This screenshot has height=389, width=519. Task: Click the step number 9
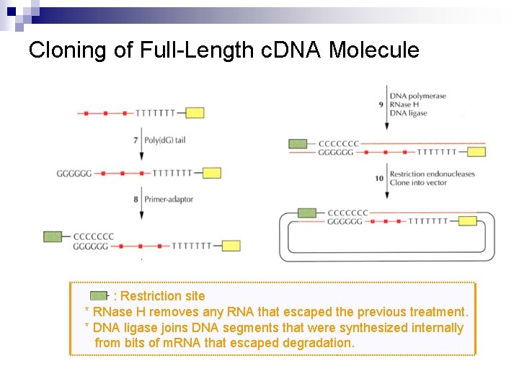point(381,104)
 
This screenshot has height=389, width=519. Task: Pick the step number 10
point(379,179)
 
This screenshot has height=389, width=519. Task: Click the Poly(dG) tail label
point(164,140)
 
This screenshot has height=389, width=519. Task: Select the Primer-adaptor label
point(169,199)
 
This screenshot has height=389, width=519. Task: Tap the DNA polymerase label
point(417,96)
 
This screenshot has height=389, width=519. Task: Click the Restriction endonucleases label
point(432,174)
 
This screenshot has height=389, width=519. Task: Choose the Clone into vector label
point(418,183)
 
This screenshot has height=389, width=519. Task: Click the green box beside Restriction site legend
point(99,296)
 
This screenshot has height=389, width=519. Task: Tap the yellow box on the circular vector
point(467,221)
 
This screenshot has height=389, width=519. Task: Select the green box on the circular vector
point(307,213)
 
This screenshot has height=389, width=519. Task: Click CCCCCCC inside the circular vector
point(347,213)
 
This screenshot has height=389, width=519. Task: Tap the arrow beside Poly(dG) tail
point(135,148)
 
